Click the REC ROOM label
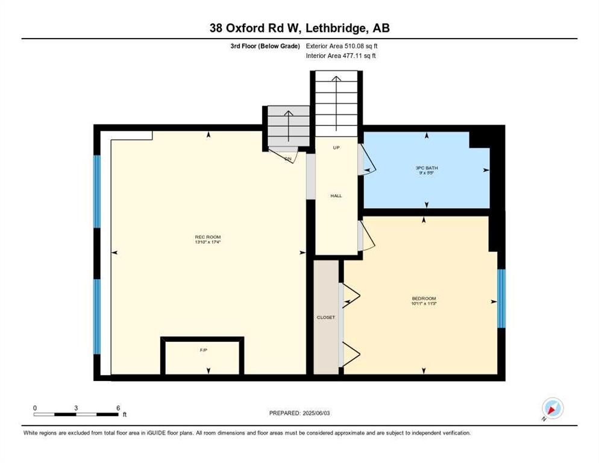click(x=208, y=237)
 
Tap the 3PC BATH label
click(x=427, y=168)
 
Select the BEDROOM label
click(x=424, y=298)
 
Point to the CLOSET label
click(x=326, y=317)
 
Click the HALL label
click(x=336, y=196)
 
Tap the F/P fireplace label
click(x=204, y=350)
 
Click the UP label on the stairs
click(x=336, y=148)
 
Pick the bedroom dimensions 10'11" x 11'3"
click(x=424, y=304)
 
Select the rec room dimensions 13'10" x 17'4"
click(x=208, y=242)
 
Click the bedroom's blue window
click(x=501, y=298)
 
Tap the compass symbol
click(x=553, y=408)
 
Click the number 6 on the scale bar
click(x=118, y=408)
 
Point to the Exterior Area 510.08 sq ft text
click(x=342, y=46)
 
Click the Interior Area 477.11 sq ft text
click(x=340, y=56)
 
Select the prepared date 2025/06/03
click(x=316, y=414)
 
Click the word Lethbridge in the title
click(x=334, y=28)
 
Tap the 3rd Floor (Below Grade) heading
click(x=265, y=46)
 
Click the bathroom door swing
click(x=367, y=160)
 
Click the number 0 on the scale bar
click(x=35, y=408)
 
